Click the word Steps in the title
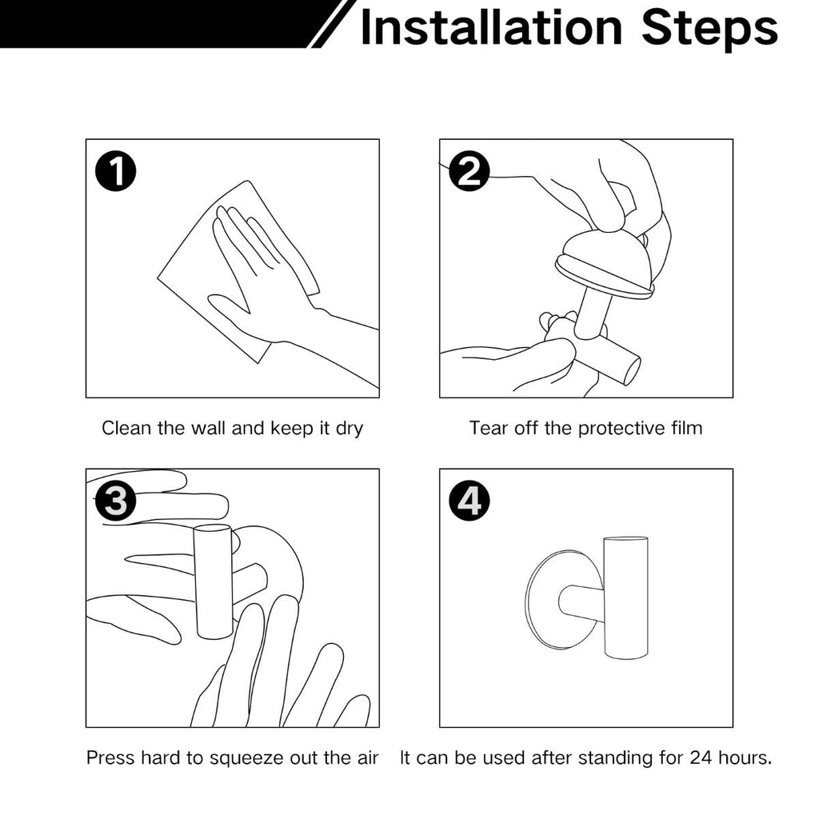[710, 30]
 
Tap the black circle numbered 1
[115, 171]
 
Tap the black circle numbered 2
[469, 171]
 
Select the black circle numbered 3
[115, 501]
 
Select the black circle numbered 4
[469, 501]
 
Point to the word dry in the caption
[350, 429]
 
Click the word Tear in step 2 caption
[489, 428]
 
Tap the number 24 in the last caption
[700, 757]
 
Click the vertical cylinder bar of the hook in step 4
[625, 597]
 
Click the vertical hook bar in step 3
[213, 581]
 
